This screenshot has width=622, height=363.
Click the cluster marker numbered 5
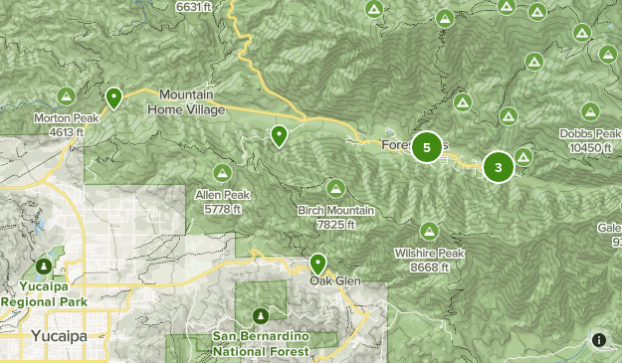click(427, 148)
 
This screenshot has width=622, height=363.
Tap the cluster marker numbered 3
click(499, 167)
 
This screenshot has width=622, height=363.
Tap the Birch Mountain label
click(335, 216)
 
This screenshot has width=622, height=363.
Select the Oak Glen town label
click(332, 279)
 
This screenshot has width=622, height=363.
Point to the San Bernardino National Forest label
click(261, 343)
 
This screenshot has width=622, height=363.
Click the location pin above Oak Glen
click(318, 264)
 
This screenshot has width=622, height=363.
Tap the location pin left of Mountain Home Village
click(114, 97)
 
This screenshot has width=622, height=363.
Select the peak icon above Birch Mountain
click(336, 188)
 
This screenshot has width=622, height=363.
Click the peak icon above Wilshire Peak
click(431, 230)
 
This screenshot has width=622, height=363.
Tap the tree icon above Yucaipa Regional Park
click(44, 267)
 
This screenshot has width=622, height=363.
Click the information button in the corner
click(599, 340)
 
